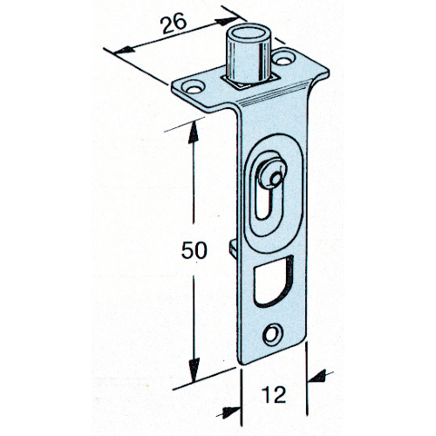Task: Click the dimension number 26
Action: [174, 24]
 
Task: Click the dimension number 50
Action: [194, 250]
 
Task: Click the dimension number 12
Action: [275, 395]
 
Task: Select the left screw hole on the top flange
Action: [194, 87]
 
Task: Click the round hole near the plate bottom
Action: [273, 334]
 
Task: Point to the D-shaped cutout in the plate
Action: [273, 281]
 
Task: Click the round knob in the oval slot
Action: [272, 174]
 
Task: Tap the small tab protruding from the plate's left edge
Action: [234, 248]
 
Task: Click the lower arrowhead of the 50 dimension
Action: [194, 371]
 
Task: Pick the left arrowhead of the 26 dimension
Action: [125, 51]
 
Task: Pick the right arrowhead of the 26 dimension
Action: [227, 21]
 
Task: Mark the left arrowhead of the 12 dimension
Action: [232, 412]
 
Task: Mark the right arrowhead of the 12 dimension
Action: [317, 377]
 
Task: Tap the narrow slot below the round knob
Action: [264, 203]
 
